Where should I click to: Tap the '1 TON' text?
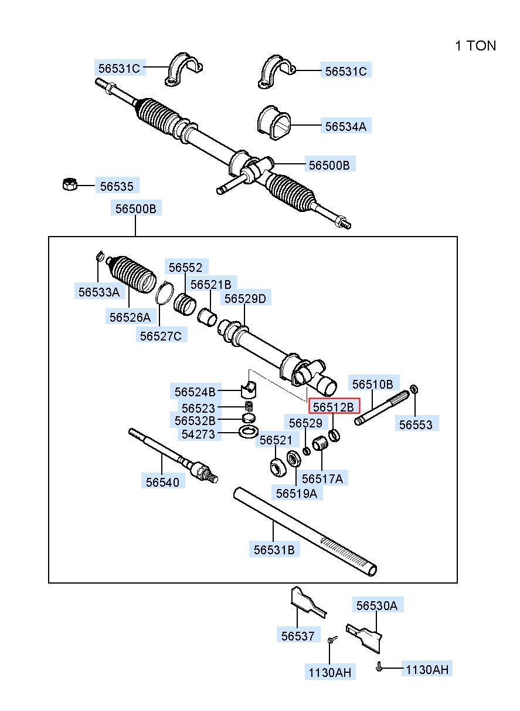point(475,46)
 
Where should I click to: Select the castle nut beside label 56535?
point(69,184)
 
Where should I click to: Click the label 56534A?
point(346,126)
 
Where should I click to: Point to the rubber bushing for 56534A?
point(274,123)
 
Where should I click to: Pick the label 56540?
point(163,482)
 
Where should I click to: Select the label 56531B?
point(274,549)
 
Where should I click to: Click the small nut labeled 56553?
point(414,389)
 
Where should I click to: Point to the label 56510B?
point(373,384)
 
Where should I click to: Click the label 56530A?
point(377,605)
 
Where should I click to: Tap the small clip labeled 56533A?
point(100,255)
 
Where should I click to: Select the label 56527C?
point(161,335)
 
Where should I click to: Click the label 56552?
point(186,267)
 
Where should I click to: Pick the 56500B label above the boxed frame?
point(136,208)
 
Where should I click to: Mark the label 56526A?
point(130,317)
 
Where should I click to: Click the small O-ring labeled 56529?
point(307,451)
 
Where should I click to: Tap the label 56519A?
point(297,493)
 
